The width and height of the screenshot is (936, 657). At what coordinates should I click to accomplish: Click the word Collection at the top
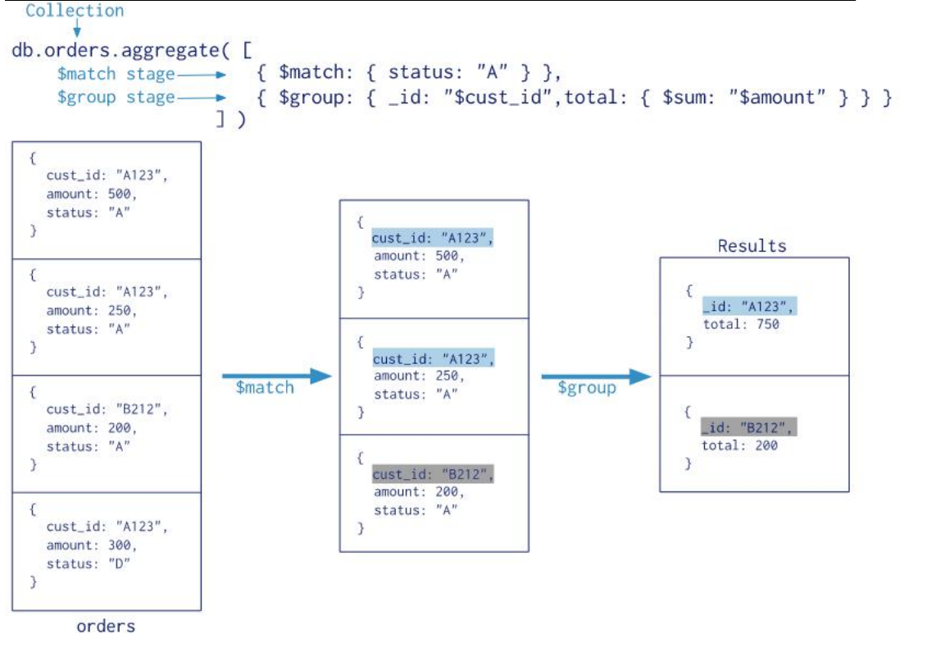[75, 10]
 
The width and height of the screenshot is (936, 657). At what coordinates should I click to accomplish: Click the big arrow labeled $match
[277, 376]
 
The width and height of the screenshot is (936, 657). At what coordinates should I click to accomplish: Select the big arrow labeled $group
[597, 376]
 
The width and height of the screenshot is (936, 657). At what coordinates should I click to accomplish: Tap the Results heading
[752, 245]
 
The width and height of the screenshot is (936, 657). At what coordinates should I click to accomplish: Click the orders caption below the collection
[106, 626]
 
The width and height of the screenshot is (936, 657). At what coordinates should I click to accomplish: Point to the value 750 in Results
[768, 324]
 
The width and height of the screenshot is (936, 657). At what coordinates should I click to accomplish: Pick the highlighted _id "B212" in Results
[748, 427]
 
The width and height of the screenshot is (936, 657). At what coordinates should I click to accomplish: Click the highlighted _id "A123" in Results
[749, 307]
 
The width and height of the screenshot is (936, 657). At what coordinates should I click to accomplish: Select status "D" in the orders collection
[89, 563]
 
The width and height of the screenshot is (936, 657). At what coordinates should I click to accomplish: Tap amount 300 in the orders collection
[91, 545]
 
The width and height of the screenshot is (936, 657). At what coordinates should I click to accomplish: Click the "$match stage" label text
[116, 74]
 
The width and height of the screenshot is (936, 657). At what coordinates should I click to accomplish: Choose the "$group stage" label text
[116, 98]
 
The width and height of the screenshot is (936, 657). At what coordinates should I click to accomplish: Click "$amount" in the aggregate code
[778, 97]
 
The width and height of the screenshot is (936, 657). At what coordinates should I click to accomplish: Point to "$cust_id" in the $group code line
[498, 97]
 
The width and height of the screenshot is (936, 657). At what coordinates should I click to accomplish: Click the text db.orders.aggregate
[116, 50]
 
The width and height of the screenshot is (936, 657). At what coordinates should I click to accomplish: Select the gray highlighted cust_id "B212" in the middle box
[433, 474]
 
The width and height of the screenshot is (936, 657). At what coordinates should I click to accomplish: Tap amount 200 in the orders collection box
[91, 427]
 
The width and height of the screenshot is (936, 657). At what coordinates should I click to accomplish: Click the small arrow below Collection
[77, 27]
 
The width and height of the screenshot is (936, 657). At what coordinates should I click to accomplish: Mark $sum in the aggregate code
[688, 97]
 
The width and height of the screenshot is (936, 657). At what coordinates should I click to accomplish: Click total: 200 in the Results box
[739, 445]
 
